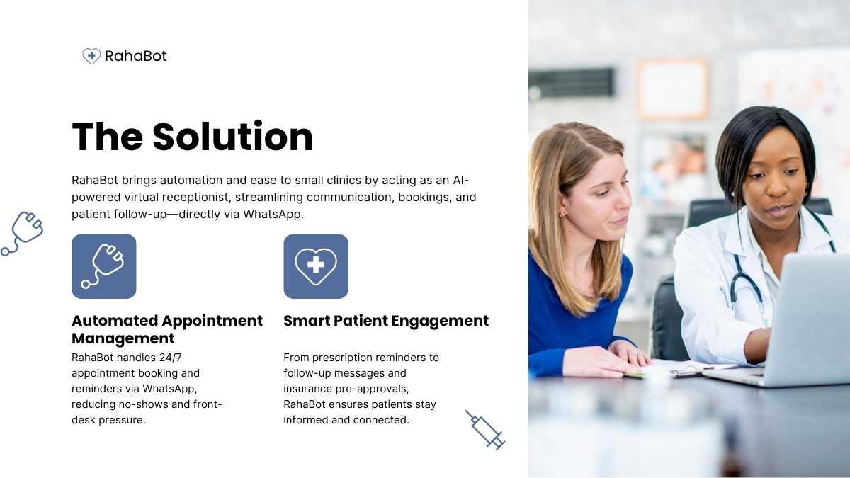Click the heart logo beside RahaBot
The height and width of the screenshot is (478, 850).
(x=91, y=56)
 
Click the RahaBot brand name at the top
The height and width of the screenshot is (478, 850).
(x=135, y=56)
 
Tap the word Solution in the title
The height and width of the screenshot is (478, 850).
(x=232, y=137)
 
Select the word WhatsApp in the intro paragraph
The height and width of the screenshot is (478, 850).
(x=273, y=215)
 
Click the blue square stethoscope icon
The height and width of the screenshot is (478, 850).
(x=103, y=266)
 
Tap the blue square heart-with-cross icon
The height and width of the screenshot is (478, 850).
(x=316, y=266)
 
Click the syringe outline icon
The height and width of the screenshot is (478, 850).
(x=485, y=431)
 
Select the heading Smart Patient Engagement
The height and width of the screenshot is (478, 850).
(x=386, y=321)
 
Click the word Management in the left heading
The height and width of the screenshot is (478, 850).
(x=123, y=338)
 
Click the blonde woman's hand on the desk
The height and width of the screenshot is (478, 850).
(x=603, y=363)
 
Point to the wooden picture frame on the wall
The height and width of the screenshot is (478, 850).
(x=673, y=89)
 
